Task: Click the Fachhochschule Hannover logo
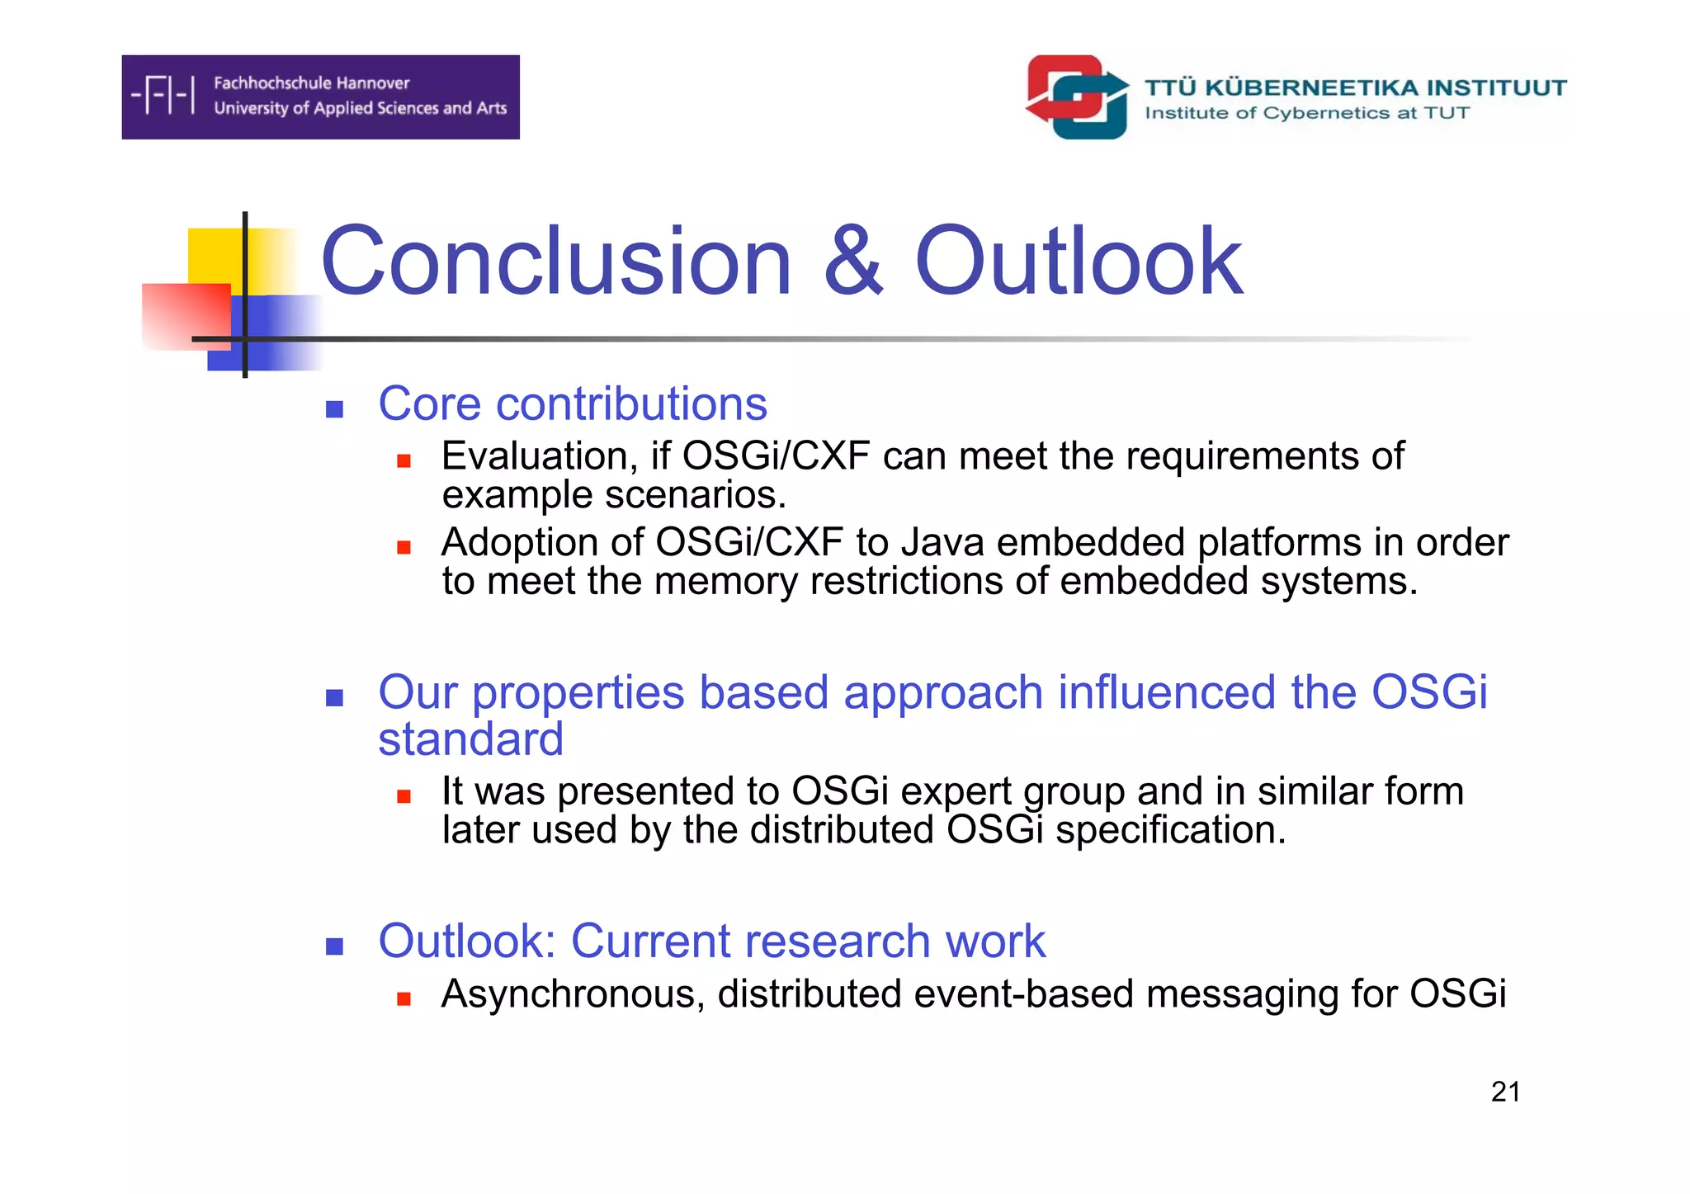(x=320, y=97)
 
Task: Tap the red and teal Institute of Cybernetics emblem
(x=1077, y=97)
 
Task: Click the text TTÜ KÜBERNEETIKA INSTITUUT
(x=1355, y=87)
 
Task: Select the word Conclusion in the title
(x=555, y=262)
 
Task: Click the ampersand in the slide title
(x=853, y=262)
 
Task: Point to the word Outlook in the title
(x=1078, y=262)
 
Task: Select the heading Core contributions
(x=572, y=404)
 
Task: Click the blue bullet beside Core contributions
(x=334, y=409)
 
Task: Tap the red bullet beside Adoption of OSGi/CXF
(x=404, y=547)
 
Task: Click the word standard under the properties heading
(x=470, y=739)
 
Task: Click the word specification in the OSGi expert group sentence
(x=1170, y=830)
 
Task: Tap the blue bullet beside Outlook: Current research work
(x=334, y=946)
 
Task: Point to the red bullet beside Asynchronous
(x=404, y=999)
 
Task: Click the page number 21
(x=1505, y=1092)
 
